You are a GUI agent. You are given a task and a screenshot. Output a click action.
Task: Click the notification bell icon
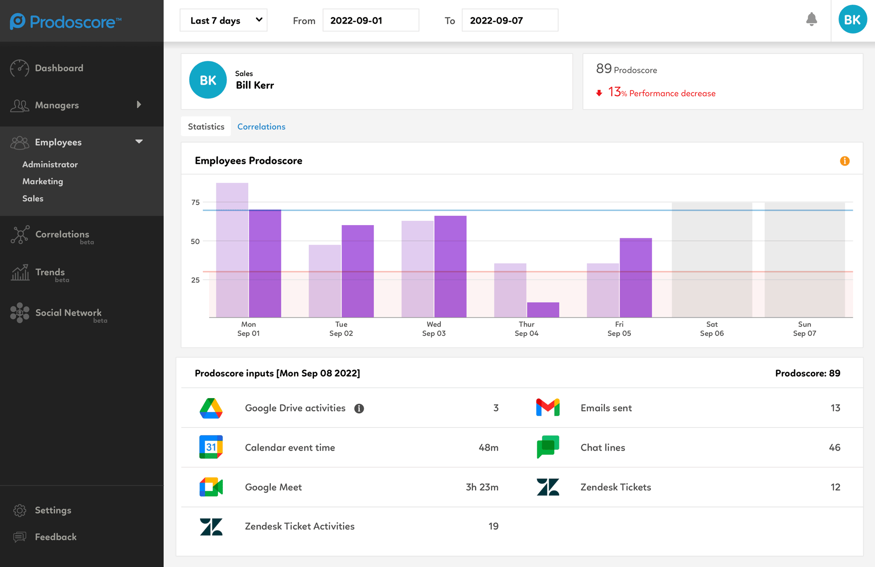pos(812,19)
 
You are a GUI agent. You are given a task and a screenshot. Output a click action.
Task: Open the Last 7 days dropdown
pos(223,20)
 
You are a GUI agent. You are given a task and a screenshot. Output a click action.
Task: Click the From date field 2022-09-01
pos(370,20)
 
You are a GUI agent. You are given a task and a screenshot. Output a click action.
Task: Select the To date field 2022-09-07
pos(509,20)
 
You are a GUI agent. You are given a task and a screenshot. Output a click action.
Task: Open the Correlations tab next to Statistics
pos(261,127)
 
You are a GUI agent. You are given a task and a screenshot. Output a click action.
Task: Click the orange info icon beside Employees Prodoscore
pos(845,161)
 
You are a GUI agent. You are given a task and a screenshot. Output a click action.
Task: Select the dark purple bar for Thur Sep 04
pos(543,310)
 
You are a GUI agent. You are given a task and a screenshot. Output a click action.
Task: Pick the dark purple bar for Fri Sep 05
pos(636,278)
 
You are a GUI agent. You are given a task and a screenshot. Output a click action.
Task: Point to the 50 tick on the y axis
pos(195,241)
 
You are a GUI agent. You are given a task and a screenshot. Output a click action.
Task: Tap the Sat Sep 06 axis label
pos(712,329)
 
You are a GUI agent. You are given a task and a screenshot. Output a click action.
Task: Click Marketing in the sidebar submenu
pos(43,182)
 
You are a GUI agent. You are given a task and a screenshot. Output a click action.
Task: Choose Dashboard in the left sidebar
pos(59,68)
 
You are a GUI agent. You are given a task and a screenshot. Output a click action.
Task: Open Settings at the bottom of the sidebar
pos(53,510)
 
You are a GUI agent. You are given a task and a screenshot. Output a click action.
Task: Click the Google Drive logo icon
pos(211,408)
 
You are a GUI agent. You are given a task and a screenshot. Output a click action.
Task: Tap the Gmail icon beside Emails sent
pos(548,408)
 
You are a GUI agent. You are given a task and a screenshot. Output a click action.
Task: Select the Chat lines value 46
pos(834,447)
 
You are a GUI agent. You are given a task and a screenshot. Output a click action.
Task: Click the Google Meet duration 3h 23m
pos(482,487)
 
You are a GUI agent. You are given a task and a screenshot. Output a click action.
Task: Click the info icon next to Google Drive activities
pos(359,409)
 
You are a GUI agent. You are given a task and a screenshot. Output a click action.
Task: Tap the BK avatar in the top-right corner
pos(852,19)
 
